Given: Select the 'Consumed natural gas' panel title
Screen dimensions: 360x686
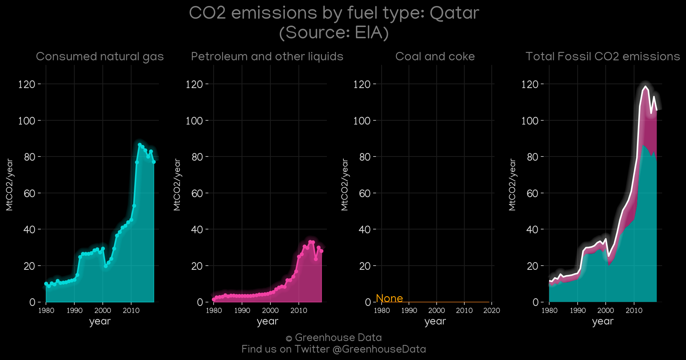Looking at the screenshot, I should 100,56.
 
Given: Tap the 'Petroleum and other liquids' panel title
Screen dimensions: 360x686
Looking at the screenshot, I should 267,56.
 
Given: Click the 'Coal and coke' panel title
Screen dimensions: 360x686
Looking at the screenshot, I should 435,56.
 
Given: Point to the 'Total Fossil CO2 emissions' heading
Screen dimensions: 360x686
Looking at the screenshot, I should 603,56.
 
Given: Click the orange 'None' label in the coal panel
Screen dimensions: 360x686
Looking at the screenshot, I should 389,298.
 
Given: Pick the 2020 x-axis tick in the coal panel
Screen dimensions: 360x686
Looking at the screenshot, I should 492,311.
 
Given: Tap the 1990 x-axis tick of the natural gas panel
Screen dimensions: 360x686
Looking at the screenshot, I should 74,311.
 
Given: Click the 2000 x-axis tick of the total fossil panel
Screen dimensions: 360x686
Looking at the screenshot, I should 606,311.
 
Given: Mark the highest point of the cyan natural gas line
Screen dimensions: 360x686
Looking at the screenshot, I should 140,145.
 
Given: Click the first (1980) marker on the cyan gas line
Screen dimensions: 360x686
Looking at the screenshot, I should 46,284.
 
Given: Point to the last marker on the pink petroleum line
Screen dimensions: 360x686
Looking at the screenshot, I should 321,251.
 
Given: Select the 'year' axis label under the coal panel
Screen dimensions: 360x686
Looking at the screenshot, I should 435,321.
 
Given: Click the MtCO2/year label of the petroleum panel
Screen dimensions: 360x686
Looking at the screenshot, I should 177,185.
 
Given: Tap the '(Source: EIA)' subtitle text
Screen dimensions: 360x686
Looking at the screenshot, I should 334,33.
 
